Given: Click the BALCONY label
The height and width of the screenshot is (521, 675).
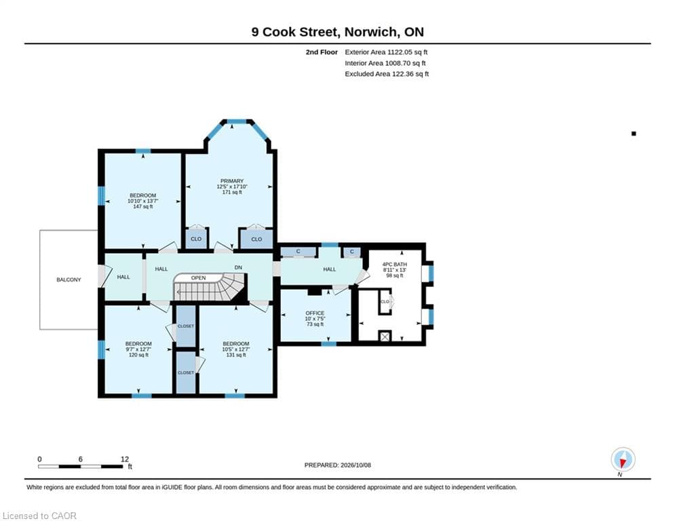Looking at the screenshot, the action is (x=69, y=280).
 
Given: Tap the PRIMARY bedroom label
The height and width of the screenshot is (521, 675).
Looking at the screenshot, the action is (x=232, y=181).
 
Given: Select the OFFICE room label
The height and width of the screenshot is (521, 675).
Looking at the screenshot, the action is (x=315, y=313).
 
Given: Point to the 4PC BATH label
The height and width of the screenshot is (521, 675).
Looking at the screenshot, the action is (x=395, y=265).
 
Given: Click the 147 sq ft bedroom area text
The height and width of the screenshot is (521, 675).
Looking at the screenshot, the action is (x=143, y=207).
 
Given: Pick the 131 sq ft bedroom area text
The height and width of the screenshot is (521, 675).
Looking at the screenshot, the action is (x=236, y=355).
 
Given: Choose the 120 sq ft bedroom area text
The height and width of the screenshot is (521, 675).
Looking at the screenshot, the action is (x=138, y=355).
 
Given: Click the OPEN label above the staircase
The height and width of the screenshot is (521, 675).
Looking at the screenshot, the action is (x=199, y=278).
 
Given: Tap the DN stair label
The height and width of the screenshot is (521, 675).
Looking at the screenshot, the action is (x=239, y=267).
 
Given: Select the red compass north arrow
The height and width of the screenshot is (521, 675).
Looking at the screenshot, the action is (x=623, y=463).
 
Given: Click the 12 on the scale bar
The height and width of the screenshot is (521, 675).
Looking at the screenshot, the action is (x=125, y=459).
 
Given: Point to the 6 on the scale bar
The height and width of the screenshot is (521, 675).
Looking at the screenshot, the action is (x=81, y=459).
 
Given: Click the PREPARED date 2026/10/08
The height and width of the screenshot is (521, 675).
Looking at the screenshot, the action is (x=355, y=465).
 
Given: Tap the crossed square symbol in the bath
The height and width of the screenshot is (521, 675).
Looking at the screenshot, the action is (x=385, y=336).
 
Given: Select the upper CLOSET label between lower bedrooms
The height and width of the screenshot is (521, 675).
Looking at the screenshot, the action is (x=186, y=326).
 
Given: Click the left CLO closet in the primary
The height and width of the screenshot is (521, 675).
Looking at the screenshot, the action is (x=196, y=239).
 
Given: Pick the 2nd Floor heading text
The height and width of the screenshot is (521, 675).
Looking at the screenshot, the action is (x=322, y=52).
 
